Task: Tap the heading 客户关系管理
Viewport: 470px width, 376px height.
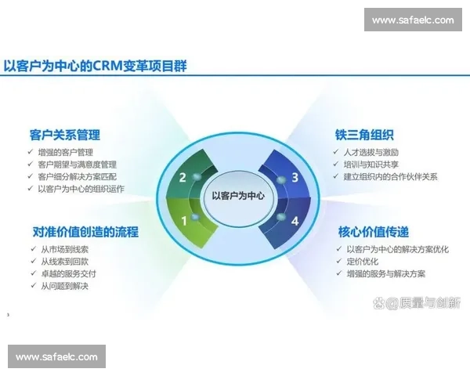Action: (x=64, y=135)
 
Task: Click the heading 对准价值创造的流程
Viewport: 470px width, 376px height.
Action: (x=85, y=232)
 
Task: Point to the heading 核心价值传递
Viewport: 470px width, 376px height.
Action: (x=373, y=232)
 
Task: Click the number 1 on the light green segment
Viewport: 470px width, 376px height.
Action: (x=184, y=221)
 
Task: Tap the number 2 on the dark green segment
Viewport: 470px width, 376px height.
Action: (x=183, y=177)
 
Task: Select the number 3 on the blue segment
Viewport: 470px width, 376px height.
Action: (x=295, y=177)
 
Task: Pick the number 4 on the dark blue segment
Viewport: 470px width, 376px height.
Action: (x=295, y=221)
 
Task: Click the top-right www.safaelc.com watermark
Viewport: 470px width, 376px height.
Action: (x=413, y=20)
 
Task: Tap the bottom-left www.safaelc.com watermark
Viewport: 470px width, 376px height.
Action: (x=56, y=357)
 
